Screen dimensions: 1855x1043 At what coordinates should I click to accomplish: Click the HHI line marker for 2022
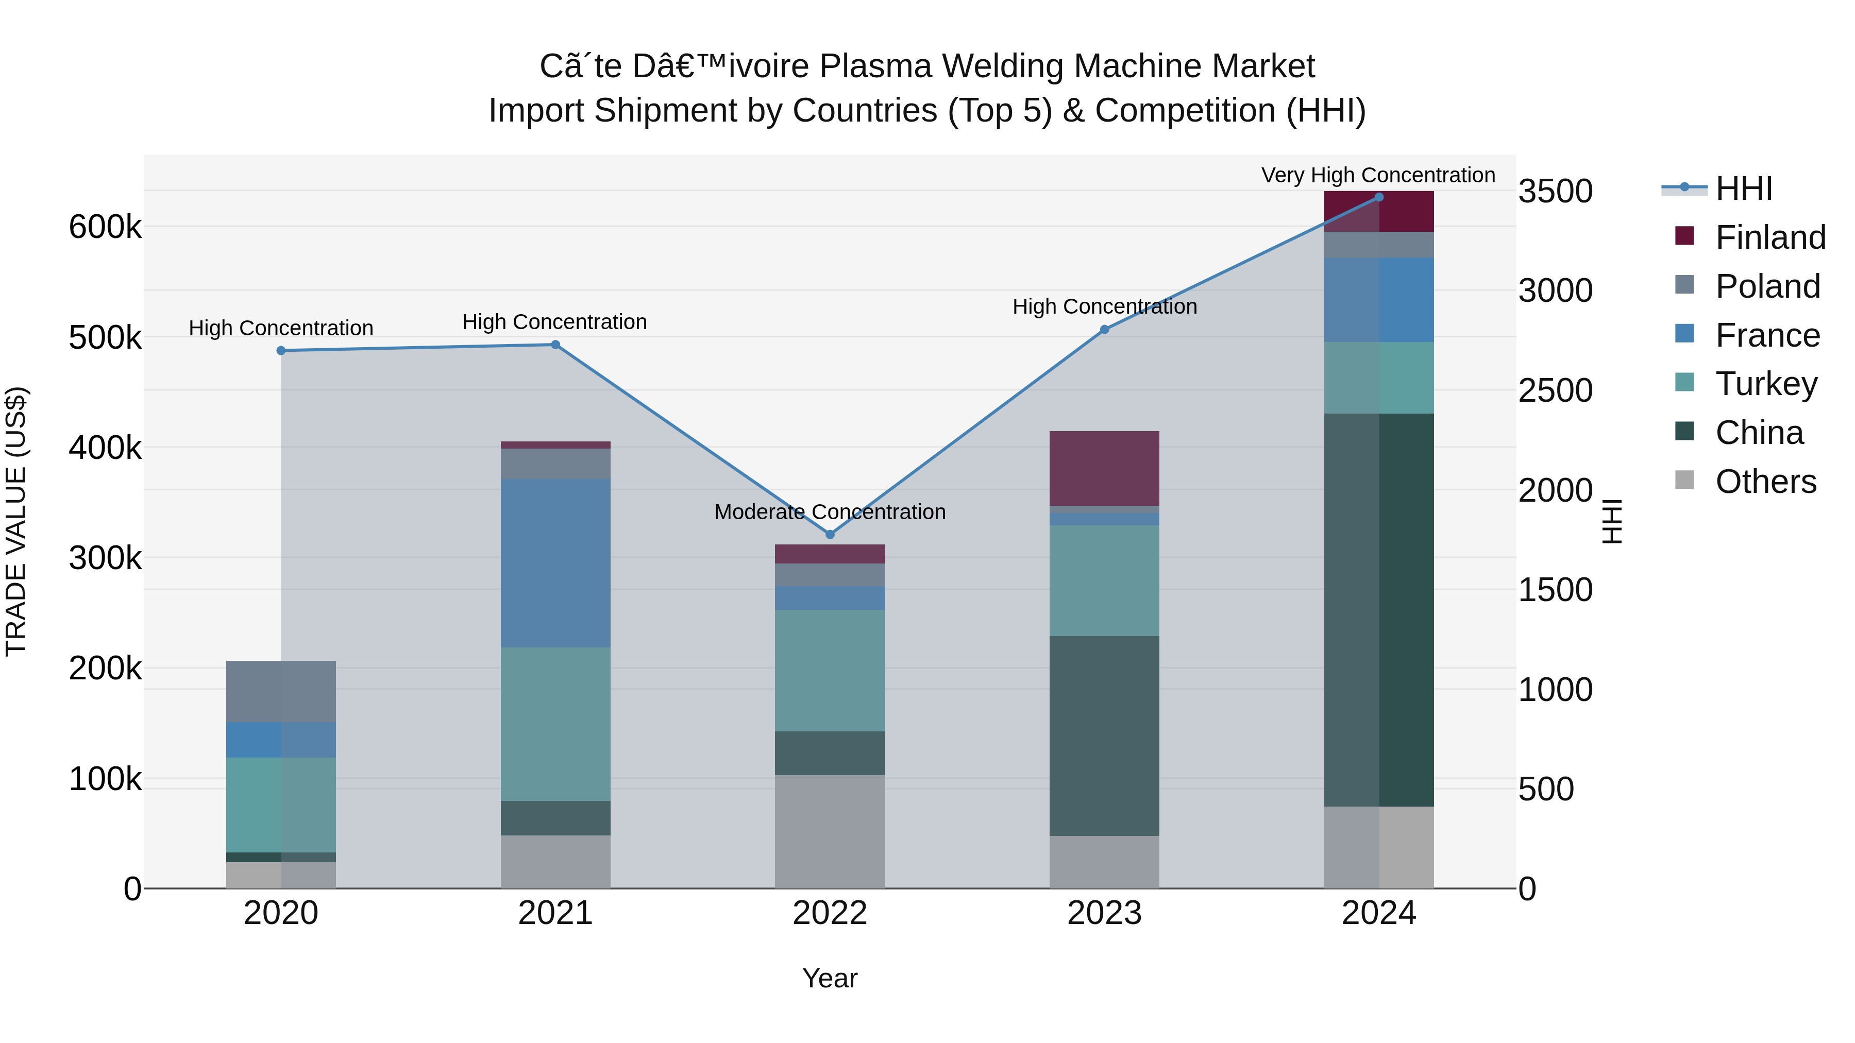830,534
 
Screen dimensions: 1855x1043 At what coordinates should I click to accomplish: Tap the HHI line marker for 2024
1379,197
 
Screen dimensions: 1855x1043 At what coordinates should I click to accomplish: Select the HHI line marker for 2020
281,351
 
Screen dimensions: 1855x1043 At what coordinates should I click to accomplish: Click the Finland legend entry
1750,237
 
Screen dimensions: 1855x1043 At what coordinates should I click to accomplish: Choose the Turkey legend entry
1746,384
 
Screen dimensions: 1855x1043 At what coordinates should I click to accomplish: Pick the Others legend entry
1746,481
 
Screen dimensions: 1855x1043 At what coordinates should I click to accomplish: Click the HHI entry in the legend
1717,189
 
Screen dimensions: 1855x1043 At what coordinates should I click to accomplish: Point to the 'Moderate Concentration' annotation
830,512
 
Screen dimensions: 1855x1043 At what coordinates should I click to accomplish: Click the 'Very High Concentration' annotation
1378,175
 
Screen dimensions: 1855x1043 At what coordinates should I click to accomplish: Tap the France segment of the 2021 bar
555,563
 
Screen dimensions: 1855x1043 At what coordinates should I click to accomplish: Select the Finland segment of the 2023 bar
1104,469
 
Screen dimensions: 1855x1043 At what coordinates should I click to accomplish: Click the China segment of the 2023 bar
1104,736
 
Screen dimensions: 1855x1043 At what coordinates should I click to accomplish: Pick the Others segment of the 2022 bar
830,831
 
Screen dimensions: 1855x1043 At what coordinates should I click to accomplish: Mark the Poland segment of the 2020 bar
281,692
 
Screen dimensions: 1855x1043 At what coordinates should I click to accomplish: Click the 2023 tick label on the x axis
1104,913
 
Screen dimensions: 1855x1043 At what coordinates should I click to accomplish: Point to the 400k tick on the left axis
105,448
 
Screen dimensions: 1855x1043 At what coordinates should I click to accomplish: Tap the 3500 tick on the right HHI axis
1556,192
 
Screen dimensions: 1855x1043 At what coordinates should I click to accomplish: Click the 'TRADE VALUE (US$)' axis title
16,521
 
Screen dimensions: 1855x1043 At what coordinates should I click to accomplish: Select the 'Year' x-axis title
830,978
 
